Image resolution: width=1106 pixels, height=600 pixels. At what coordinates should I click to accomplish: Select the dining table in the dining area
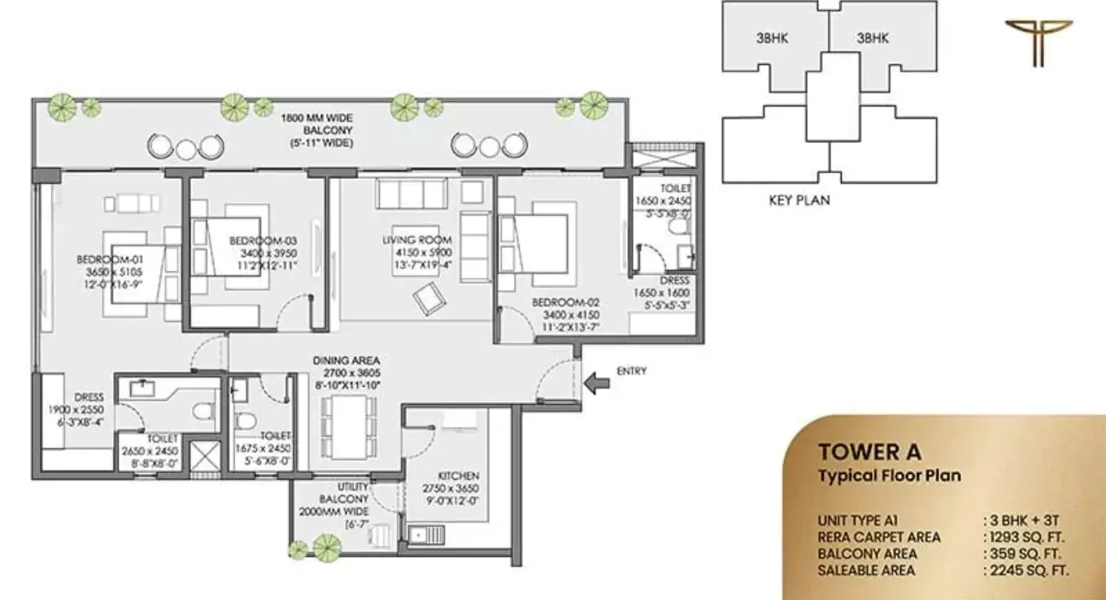(x=347, y=427)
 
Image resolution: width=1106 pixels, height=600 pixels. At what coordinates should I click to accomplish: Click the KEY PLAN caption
(x=799, y=200)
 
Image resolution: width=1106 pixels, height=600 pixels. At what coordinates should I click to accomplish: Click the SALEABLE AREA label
(x=867, y=571)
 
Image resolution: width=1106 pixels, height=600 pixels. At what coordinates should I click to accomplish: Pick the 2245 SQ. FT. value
(x=1026, y=571)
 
